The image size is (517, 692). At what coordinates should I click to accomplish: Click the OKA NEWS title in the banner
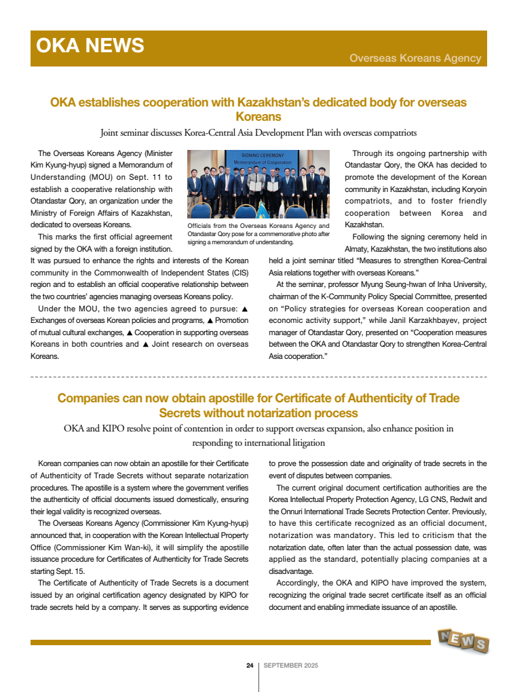pos(90,45)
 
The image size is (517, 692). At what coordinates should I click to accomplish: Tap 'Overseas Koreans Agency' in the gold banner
pos(415,58)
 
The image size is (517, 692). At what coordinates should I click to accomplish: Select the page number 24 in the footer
pos(250,666)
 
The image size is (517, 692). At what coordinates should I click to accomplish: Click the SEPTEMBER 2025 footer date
pos(290,666)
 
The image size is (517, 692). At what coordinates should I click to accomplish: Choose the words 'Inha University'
pos(456,284)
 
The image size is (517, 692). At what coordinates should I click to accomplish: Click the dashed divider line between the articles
pos(258,376)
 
